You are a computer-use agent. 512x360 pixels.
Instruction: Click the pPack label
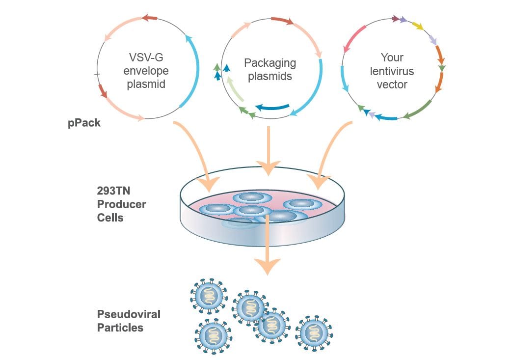(x=84, y=123)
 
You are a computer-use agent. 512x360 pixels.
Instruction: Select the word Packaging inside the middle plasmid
(x=270, y=63)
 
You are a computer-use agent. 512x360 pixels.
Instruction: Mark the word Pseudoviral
(x=129, y=314)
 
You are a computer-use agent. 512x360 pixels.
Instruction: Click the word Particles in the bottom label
(x=120, y=328)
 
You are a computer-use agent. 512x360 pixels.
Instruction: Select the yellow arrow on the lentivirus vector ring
(x=418, y=26)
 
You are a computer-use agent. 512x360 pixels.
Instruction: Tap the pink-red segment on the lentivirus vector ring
(x=354, y=39)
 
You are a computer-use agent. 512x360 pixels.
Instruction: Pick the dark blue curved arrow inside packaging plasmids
(x=272, y=108)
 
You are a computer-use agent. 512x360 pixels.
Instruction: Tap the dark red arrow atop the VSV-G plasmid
(x=150, y=18)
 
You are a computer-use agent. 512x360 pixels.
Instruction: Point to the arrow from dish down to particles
(x=267, y=246)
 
